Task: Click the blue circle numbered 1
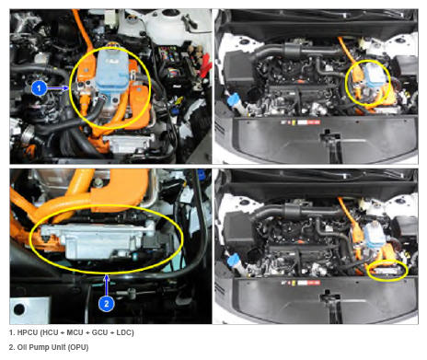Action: pyautogui.click(x=39, y=88)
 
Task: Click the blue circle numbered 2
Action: pyautogui.click(x=107, y=304)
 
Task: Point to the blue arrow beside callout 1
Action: pyautogui.click(x=58, y=88)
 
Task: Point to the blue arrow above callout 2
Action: pyautogui.click(x=107, y=285)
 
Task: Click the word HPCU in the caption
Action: pyautogui.click(x=28, y=332)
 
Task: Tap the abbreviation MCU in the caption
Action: pyautogui.click(x=75, y=332)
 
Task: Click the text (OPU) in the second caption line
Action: pyautogui.click(x=78, y=347)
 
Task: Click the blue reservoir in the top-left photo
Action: pyautogui.click(x=112, y=71)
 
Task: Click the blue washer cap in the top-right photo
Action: pyautogui.click(x=233, y=99)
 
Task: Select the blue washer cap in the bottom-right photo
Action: pyautogui.click(x=233, y=261)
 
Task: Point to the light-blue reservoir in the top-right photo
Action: pyautogui.click(x=375, y=75)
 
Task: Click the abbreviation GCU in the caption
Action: pyautogui.click(x=99, y=332)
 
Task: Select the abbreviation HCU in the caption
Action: pyautogui.click(x=50, y=332)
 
